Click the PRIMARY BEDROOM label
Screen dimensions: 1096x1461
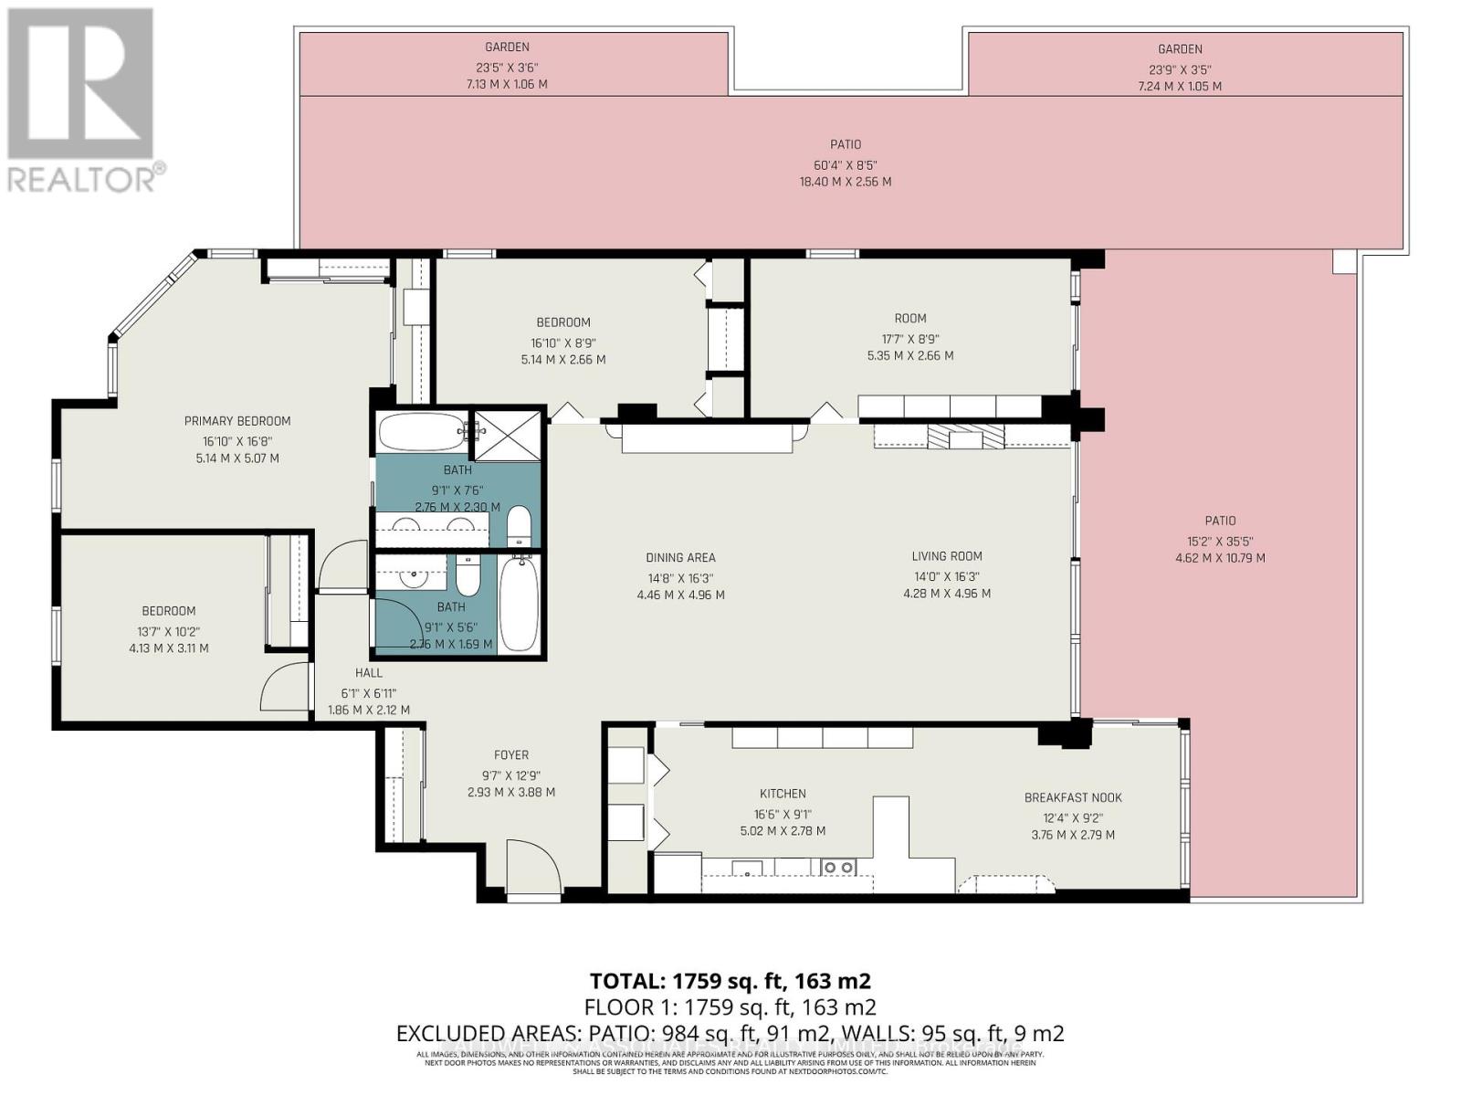[x=237, y=421]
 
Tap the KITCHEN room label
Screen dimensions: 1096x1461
[x=783, y=794]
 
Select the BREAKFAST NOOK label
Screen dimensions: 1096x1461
[x=1073, y=797]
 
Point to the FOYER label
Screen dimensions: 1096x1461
[x=511, y=755]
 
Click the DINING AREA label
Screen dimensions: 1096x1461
[x=680, y=557]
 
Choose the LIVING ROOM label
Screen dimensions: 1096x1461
[x=947, y=556]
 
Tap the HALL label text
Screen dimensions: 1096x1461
[x=369, y=673]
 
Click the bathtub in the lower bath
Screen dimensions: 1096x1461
[x=520, y=605]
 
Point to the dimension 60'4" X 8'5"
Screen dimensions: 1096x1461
[x=846, y=165]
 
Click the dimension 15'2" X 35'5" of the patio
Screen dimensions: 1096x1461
[x=1220, y=540]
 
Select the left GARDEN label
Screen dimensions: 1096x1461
[x=508, y=47]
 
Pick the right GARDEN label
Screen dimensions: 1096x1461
[x=1180, y=49]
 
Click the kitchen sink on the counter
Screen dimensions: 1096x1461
[x=747, y=868]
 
